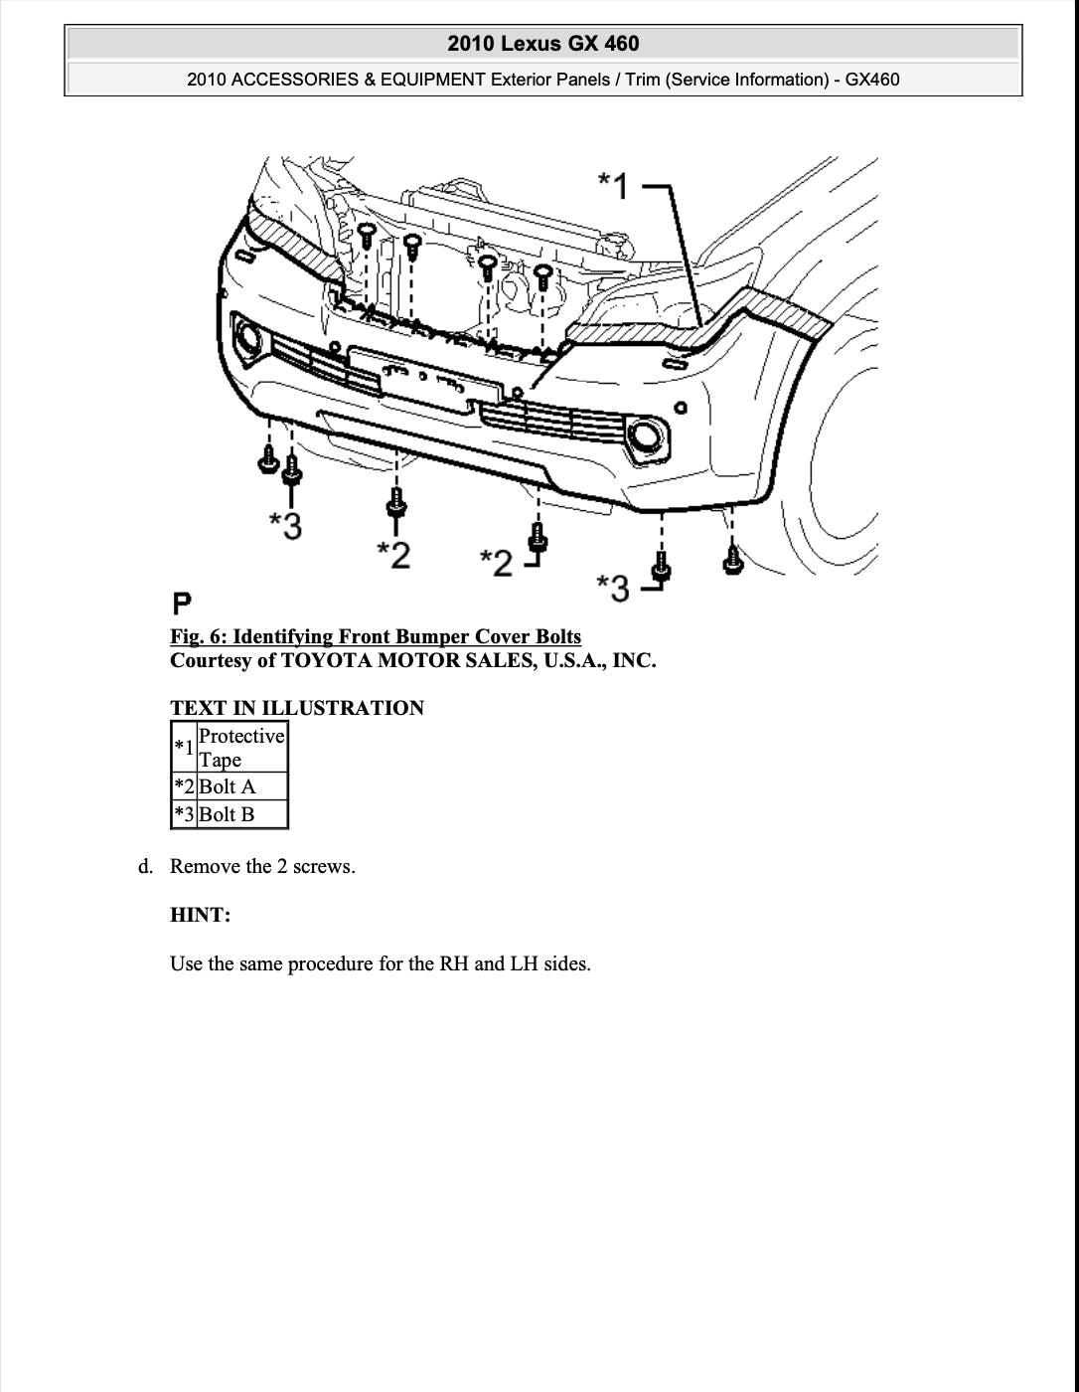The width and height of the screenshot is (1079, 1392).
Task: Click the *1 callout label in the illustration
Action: point(614,185)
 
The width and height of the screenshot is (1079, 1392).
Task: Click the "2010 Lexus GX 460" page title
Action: point(542,44)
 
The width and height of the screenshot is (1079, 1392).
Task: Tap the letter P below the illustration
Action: point(182,604)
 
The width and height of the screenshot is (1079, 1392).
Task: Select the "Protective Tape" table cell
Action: point(241,747)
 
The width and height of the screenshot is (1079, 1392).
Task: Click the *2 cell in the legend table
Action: point(185,786)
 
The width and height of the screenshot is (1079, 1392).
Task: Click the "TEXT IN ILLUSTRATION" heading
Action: point(297,708)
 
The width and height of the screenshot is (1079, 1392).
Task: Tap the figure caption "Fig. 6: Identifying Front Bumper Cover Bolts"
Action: point(376,636)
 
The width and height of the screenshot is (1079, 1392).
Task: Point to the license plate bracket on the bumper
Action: point(425,380)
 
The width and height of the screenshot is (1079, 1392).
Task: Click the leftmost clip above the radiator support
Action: point(367,235)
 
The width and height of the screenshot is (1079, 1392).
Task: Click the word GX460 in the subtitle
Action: point(871,80)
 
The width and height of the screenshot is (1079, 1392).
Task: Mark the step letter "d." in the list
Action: point(146,867)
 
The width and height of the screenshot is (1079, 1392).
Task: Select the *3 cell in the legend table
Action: point(185,814)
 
